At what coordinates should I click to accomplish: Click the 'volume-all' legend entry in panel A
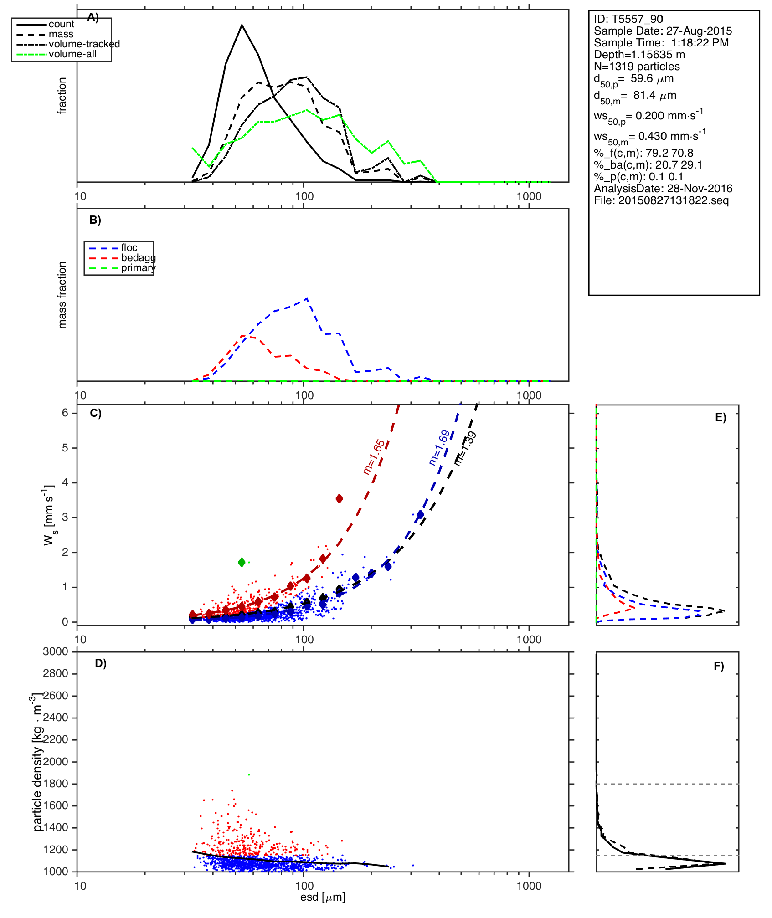(x=72, y=54)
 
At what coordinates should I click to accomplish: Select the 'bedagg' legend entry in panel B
(x=138, y=258)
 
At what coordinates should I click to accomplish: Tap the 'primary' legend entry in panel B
(x=138, y=268)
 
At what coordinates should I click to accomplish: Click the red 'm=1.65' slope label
(x=374, y=457)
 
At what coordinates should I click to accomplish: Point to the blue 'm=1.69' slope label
(x=439, y=447)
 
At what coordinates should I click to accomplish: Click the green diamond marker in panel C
(x=242, y=562)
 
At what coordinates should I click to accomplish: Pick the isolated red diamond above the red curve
(x=339, y=499)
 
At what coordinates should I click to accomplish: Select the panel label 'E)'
(x=721, y=417)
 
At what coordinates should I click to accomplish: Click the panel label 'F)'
(x=719, y=666)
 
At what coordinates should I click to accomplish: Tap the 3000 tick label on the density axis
(x=56, y=651)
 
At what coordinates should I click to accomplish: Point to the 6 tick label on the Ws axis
(x=65, y=413)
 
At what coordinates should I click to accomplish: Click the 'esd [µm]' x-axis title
(x=323, y=897)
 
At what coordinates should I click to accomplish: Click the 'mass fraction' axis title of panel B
(x=62, y=295)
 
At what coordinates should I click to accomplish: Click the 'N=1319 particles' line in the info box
(x=637, y=67)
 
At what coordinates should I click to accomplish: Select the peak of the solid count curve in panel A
(x=242, y=25)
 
